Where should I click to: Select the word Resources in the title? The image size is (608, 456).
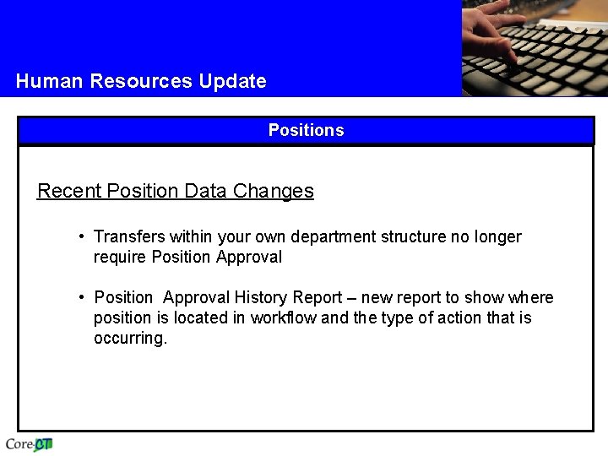pos(141,81)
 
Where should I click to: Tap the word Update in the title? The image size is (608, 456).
pos(232,81)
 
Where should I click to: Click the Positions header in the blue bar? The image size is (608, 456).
pos(306,130)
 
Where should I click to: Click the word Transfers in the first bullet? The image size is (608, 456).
pos(128,237)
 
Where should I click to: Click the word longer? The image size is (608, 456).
pos(497,237)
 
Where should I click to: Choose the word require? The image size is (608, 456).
pos(119,258)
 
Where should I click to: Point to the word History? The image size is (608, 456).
pos(261,298)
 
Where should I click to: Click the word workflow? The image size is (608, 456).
pos(284,318)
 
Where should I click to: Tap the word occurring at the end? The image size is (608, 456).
pos(130,339)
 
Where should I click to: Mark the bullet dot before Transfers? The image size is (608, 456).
pos(81,237)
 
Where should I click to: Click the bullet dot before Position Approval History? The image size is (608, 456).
pos(81,298)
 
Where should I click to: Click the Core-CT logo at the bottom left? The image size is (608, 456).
pos(30,444)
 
